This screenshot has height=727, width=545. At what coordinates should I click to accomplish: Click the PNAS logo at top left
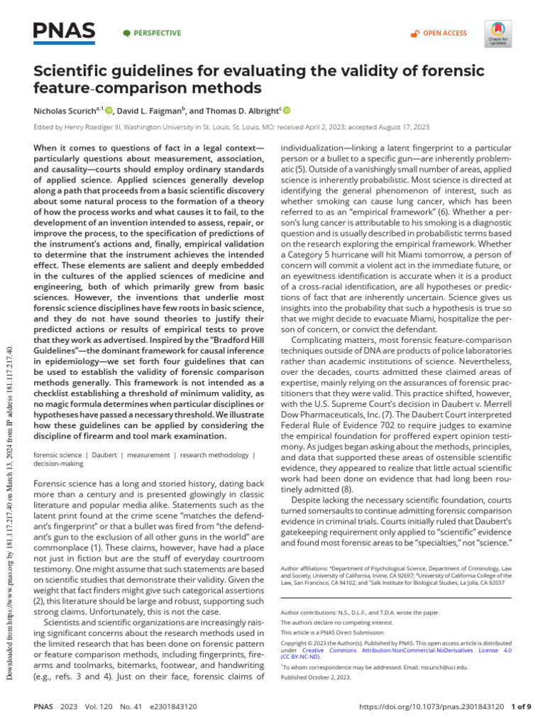point(64,31)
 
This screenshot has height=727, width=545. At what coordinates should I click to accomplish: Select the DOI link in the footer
point(432,707)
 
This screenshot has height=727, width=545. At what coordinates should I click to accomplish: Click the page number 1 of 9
point(523,707)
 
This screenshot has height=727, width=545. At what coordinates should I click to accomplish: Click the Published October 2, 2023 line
point(316,678)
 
